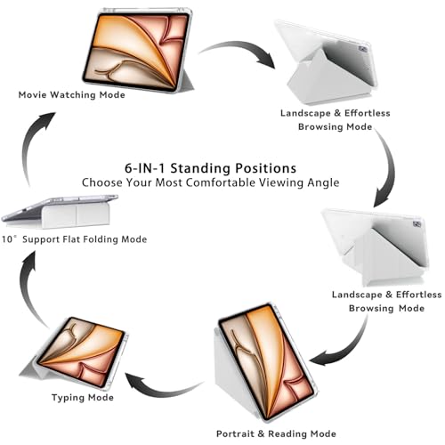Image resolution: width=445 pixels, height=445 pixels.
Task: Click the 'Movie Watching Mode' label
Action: click(71, 95)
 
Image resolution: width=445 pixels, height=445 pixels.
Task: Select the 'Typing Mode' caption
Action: click(83, 398)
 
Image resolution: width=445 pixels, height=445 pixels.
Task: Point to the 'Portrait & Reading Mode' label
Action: click(276, 433)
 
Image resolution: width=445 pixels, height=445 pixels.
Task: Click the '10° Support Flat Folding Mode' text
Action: click(74, 239)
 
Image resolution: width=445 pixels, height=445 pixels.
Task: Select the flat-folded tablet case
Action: click(60, 211)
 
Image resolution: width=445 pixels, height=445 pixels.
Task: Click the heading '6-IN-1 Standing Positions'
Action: click(210, 168)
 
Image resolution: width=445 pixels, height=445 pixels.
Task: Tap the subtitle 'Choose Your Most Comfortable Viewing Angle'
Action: click(210, 182)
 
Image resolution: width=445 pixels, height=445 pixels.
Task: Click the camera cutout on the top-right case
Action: click(363, 49)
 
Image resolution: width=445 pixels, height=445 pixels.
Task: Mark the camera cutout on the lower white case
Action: click(417, 224)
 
